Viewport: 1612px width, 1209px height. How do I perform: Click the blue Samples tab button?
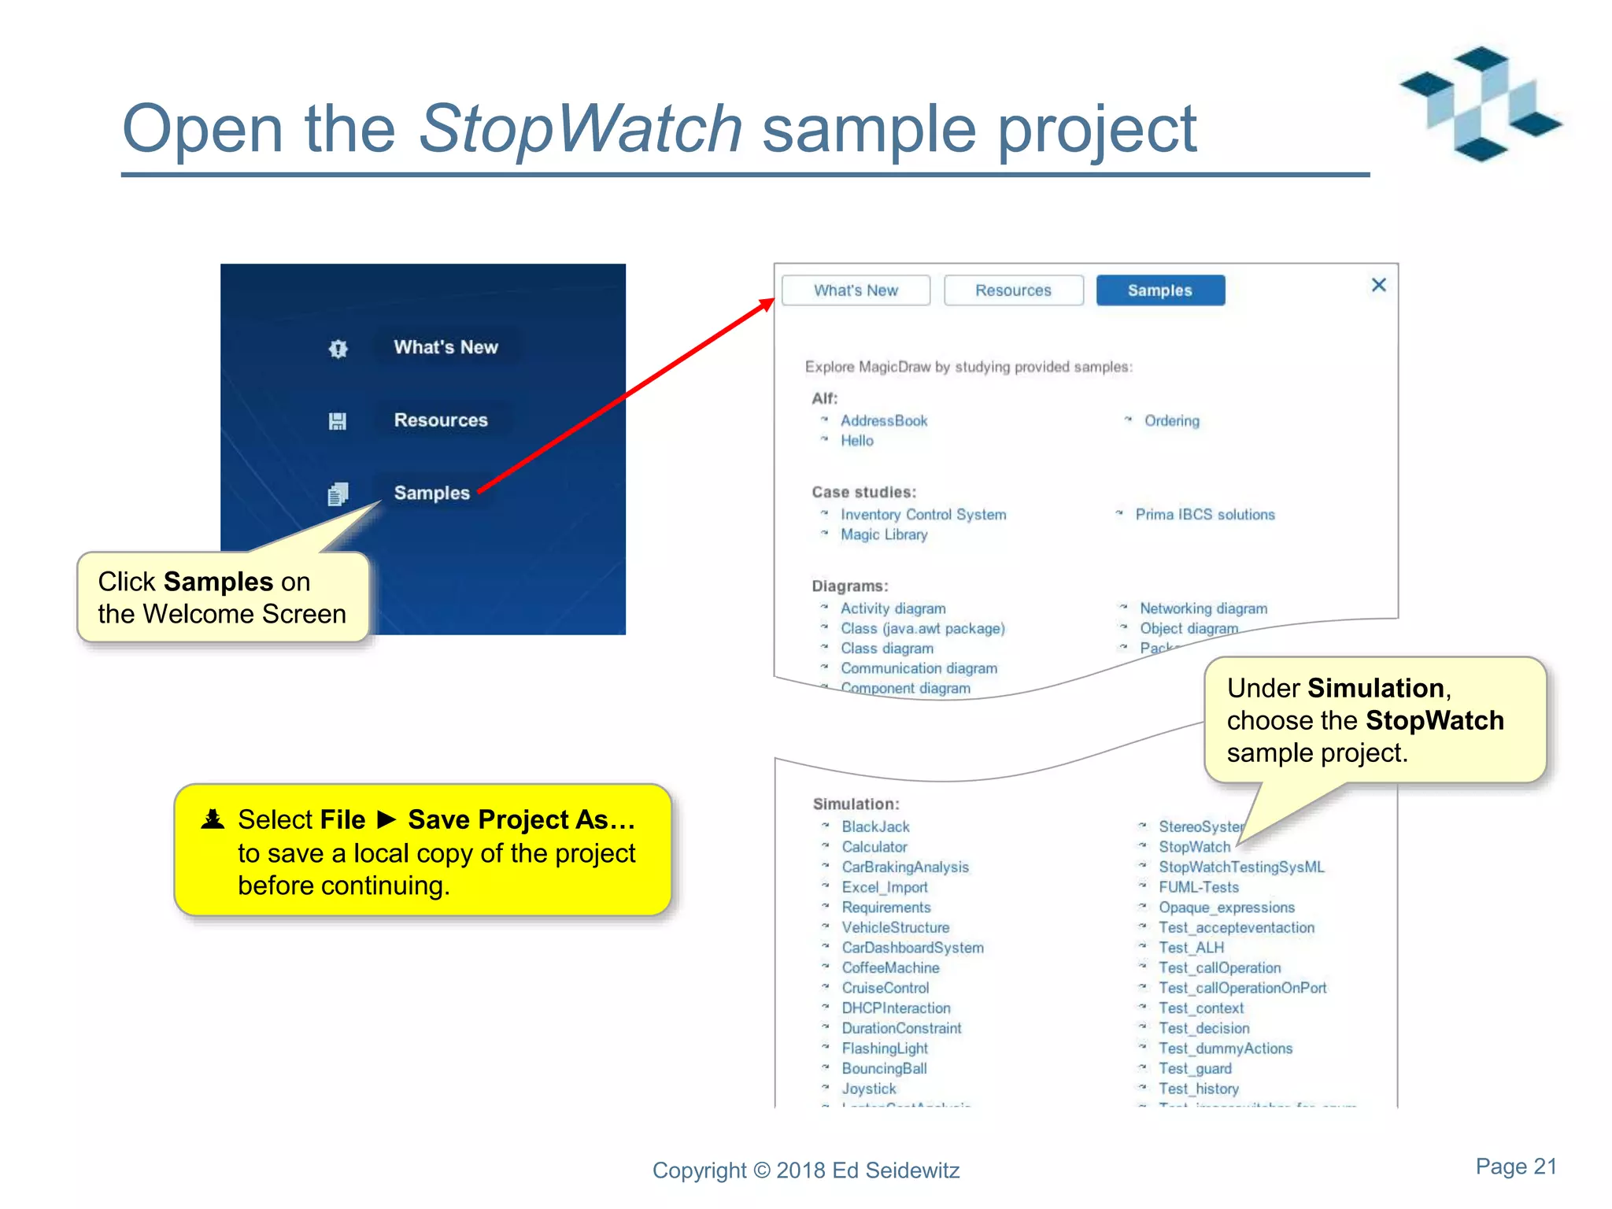pos(1160,290)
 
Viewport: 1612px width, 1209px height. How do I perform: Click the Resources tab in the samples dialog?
pos(1013,290)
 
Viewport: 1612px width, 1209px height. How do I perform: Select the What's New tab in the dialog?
pos(856,290)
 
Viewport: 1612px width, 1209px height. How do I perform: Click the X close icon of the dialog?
pos(1378,285)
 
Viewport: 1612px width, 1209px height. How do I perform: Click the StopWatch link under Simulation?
pos(1193,847)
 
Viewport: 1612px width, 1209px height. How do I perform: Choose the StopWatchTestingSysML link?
pos(1240,867)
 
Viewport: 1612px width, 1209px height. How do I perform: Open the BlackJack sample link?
pos(875,826)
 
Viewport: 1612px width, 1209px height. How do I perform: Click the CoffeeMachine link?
pos(890,967)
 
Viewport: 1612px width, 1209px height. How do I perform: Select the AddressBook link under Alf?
pos(883,421)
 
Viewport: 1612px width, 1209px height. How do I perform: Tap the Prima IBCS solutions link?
pos(1204,515)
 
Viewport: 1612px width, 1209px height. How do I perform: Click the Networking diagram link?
pos(1203,608)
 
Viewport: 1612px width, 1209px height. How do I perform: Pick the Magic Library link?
pos(883,534)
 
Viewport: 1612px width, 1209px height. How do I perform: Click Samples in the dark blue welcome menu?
pos(431,493)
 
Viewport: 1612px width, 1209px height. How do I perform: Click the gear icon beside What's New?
pos(338,349)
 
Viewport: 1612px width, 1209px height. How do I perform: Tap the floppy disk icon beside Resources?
pos(338,421)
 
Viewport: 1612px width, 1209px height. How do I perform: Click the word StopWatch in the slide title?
pos(580,129)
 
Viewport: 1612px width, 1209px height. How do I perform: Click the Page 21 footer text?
pos(1515,1166)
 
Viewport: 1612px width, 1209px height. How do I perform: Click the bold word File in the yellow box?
pos(341,820)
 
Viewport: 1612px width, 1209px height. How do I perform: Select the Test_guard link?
pos(1194,1068)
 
